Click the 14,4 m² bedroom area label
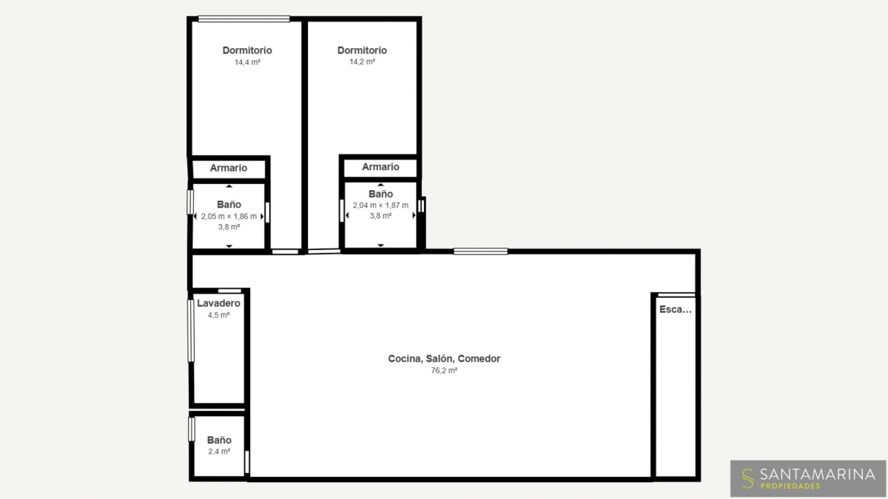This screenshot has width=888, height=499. coord(247,62)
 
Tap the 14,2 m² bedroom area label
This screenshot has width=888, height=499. coord(362,62)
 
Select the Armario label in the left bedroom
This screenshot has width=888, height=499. coord(229,168)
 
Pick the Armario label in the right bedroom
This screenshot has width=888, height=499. coord(380,167)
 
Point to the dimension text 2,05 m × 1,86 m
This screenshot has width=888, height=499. coord(229,216)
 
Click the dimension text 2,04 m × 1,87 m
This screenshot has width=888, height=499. coord(380,206)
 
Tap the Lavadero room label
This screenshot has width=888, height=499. coord(219,303)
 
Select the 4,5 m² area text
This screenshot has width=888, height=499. coord(219,315)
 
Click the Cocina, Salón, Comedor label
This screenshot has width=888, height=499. coord(444,359)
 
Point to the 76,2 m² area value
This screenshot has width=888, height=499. coord(444,370)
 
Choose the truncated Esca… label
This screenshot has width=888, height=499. coord(676,309)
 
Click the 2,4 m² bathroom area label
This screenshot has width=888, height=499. coord(219,452)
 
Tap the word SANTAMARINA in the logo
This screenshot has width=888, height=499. coord(818,474)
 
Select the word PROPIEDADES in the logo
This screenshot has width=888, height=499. coord(790,486)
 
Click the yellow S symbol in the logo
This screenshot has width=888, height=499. coord(747,478)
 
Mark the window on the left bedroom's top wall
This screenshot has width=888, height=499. coord(243,19)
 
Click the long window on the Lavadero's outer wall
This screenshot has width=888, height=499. coord(191,330)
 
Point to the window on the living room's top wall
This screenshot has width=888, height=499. coord(480,251)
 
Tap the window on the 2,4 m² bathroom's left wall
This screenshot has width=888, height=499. coord(192,430)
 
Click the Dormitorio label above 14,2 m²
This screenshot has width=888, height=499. coord(362,50)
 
